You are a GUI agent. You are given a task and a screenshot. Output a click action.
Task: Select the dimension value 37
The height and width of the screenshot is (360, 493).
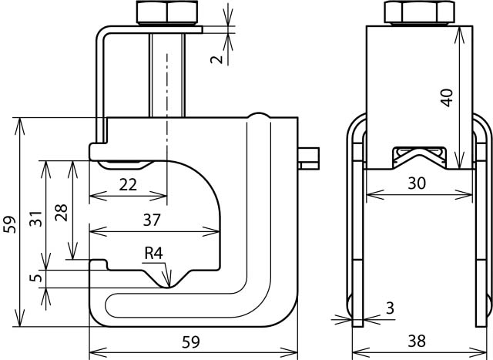(152, 220)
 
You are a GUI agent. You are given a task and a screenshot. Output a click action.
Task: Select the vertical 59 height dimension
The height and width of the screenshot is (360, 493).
(9, 224)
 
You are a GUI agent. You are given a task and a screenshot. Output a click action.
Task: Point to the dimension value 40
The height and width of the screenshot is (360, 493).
(448, 96)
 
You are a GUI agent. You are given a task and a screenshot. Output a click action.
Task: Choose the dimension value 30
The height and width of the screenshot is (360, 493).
(417, 183)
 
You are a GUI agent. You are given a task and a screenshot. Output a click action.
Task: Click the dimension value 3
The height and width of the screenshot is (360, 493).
(390, 309)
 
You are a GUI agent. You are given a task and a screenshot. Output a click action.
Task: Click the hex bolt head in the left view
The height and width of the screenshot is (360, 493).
(167, 12)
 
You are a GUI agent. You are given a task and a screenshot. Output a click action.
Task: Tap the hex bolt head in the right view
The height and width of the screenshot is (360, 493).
(418, 12)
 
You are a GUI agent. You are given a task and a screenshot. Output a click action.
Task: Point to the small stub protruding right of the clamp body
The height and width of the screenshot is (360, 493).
(309, 156)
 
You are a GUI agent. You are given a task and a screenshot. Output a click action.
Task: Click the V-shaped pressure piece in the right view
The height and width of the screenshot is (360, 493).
(418, 158)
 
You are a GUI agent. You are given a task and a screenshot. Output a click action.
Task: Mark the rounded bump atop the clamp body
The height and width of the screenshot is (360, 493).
(259, 117)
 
